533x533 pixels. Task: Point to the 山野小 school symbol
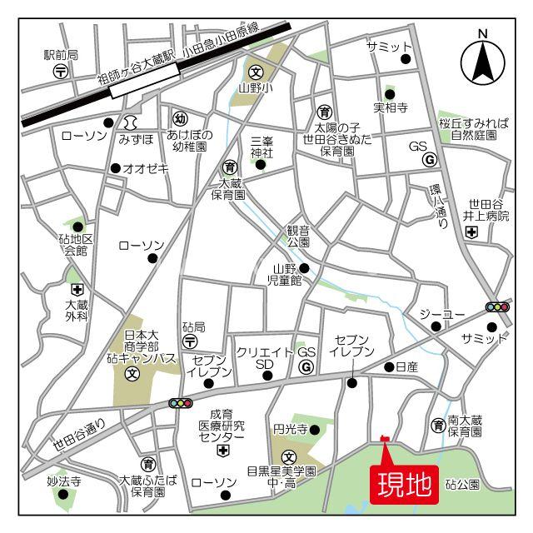click(x=257, y=71)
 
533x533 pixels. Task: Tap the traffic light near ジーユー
click(x=497, y=307)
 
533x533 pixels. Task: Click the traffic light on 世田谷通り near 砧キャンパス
click(x=180, y=403)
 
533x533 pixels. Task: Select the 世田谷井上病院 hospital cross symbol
click(x=472, y=233)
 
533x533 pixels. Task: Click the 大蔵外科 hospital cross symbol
click(x=77, y=290)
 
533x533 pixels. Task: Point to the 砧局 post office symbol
click(x=190, y=341)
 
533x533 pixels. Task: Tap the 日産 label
click(x=406, y=366)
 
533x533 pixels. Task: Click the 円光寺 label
click(x=291, y=430)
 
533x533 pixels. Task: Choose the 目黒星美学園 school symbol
click(x=288, y=456)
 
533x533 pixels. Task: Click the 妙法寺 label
click(x=63, y=481)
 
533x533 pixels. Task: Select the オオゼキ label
click(x=146, y=168)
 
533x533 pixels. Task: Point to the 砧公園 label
click(x=462, y=483)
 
